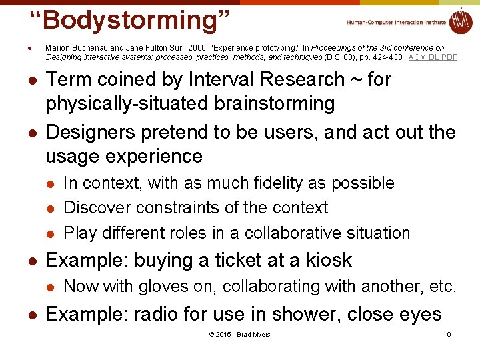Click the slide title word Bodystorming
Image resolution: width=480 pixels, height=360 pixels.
click(130, 20)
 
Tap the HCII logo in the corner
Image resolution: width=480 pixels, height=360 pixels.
click(460, 21)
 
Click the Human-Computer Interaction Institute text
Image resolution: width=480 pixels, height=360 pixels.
click(396, 23)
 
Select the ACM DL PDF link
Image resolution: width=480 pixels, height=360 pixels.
click(433, 57)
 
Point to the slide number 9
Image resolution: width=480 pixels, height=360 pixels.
click(449, 334)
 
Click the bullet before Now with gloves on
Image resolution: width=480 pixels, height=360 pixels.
click(49, 287)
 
